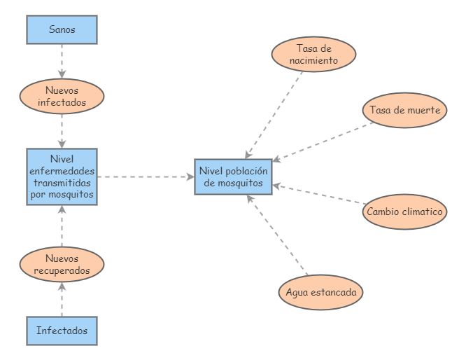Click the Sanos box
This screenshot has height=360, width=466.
(x=62, y=29)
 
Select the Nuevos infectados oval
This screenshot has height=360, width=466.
(x=62, y=96)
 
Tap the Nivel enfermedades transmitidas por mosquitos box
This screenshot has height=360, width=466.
(x=62, y=176)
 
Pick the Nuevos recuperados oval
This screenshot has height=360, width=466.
(x=62, y=264)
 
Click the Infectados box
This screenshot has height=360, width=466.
(x=62, y=331)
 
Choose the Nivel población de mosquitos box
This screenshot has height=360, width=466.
(x=233, y=176)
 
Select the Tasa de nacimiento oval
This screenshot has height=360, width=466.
(x=313, y=54)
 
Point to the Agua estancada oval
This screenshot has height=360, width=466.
(x=320, y=292)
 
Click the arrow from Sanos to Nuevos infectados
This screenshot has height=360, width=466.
(x=62, y=61)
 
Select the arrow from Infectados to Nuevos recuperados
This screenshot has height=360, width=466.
(x=62, y=298)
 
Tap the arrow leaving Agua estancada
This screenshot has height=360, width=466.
(x=278, y=235)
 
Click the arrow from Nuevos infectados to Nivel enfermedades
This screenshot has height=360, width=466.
(x=62, y=130)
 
